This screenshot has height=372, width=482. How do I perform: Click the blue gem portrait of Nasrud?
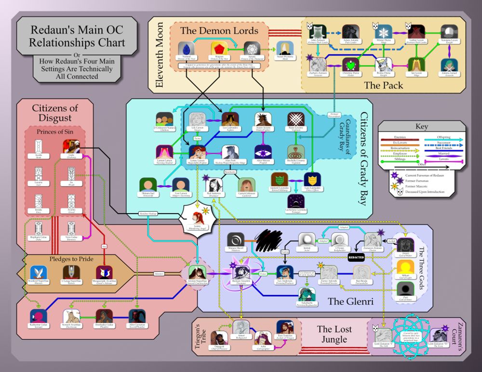click(184, 49)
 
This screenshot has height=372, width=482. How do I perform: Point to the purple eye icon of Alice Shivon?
click(262, 152)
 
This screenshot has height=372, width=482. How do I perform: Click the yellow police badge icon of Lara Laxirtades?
click(312, 179)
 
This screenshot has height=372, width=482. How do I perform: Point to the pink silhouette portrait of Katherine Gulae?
click(38, 316)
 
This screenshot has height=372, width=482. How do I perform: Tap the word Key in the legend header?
click(422, 127)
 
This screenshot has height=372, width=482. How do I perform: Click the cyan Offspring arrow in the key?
click(442, 140)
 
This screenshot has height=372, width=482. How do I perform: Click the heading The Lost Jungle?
click(334, 334)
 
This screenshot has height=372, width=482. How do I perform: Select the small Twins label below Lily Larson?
click(197, 138)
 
